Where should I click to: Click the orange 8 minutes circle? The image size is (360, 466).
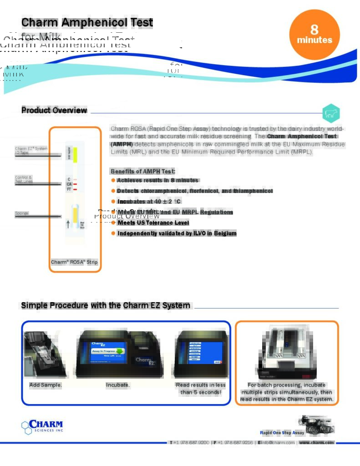(314, 35)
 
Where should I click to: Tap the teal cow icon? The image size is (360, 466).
(331, 114)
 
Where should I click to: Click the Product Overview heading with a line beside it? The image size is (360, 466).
(54, 111)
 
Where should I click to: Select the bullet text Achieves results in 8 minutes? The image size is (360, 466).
(157, 180)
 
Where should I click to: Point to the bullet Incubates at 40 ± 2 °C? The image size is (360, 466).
(149, 201)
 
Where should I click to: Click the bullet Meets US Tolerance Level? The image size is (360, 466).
(153, 223)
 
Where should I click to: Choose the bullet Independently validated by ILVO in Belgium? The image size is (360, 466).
(177, 233)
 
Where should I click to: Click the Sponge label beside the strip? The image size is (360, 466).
(21, 213)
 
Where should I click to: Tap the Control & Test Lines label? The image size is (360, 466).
(24, 179)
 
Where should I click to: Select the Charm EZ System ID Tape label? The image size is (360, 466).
(30, 150)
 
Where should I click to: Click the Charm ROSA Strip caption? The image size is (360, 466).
(74, 262)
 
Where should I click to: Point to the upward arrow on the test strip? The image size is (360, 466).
(68, 224)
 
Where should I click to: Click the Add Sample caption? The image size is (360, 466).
(46, 385)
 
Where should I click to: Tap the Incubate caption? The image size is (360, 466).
(118, 385)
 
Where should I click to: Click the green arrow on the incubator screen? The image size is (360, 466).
(120, 351)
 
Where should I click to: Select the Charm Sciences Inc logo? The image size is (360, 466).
(42, 427)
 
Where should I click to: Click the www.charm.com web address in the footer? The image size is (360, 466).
(316, 443)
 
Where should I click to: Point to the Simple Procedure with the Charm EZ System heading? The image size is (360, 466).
(106, 305)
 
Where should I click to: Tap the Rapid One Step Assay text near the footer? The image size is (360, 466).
(282, 433)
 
